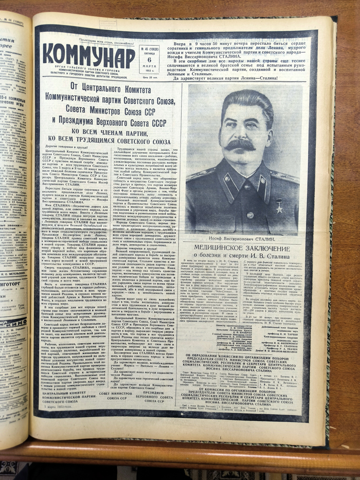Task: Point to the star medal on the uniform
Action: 279,206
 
